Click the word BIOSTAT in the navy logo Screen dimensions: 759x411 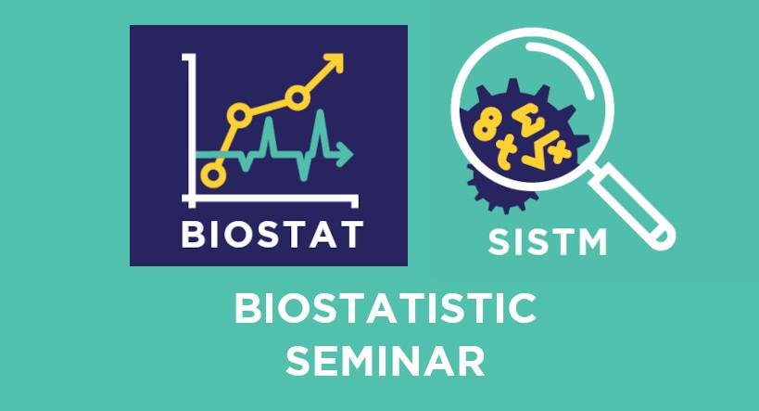(x=272, y=235)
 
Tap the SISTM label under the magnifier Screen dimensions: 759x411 (x=548, y=242)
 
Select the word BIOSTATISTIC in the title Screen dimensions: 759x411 (x=386, y=308)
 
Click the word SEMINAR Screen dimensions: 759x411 (x=386, y=361)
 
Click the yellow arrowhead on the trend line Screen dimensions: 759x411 (x=334, y=63)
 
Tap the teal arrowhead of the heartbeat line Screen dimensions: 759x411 (x=346, y=155)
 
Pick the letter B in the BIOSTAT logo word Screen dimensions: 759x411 (x=192, y=235)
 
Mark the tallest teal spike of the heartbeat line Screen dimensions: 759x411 (x=320, y=134)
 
